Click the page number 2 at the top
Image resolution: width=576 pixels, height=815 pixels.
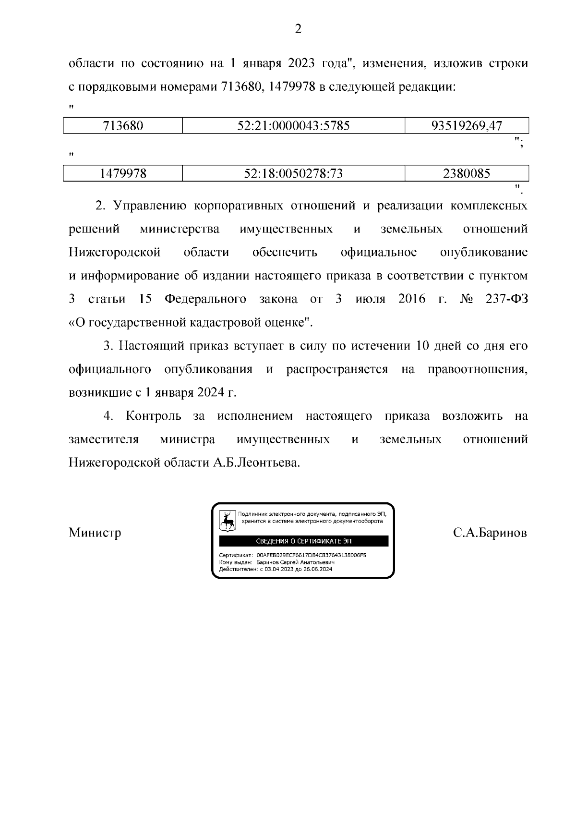[x=298, y=29]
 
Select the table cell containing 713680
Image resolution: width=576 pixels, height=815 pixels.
[x=123, y=126]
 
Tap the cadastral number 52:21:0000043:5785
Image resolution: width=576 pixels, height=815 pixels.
[x=293, y=126]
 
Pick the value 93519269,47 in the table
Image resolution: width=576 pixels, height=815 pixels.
[x=467, y=126]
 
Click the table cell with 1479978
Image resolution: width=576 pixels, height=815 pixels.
[x=123, y=173]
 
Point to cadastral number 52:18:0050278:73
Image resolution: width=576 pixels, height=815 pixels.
[x=293, y=173]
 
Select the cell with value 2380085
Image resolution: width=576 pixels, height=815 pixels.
[x=467, y=173]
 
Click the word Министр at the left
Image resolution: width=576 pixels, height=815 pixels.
[x=95, y=533]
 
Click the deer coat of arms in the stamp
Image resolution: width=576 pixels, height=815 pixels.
[x=228, y=520]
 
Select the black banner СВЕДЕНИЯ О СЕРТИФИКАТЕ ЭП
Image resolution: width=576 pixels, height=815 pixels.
[x=303, y=541]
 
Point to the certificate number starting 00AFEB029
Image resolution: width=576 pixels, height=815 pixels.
[x=311, y=555]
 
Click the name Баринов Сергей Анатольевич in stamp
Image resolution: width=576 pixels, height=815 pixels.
[x=295, y=562]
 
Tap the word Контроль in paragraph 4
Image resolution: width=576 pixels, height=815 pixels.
[x=154, y=416]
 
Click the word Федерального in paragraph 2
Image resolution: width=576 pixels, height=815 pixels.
[x=205, y=299]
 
